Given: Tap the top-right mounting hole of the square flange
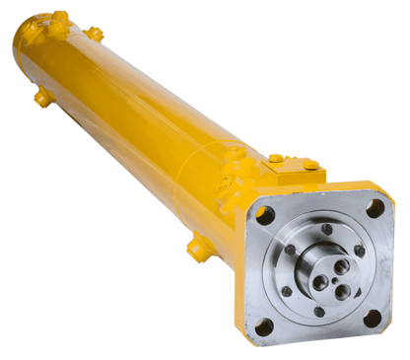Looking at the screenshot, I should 376,207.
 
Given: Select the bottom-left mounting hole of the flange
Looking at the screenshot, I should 264,326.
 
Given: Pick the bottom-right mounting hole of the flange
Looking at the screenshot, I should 372,319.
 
